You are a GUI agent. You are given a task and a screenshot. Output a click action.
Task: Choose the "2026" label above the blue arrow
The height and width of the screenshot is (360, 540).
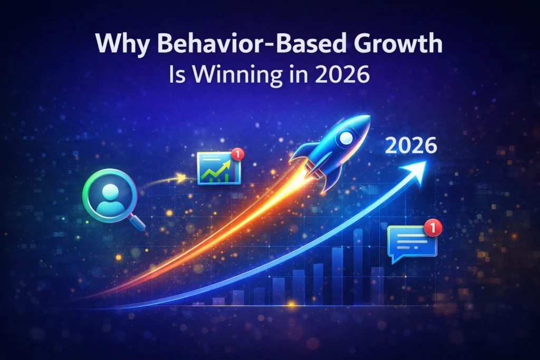coord(411,146)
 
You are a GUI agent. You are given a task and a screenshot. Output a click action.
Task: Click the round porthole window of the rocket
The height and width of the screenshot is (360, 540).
coord(346,139)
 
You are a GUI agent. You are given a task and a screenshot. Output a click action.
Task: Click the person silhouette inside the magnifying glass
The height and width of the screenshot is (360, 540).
coord(109,193)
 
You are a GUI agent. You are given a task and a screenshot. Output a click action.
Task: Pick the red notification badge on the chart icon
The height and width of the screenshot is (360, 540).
coord(238,154)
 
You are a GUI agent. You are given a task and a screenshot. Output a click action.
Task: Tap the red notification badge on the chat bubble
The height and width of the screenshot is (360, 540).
coord(432,228)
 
